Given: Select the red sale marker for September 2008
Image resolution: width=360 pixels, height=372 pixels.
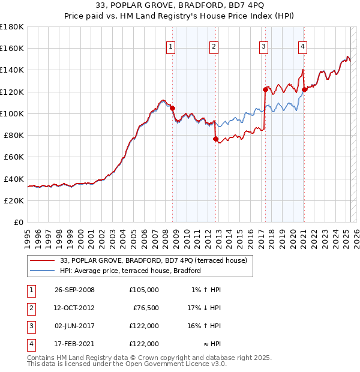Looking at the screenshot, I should click(x=173, y=108).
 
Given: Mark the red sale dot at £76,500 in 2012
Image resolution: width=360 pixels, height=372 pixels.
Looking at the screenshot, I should click(x=215, y=139).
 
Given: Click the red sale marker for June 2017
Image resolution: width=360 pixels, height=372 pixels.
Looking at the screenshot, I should click(x=265, y=89).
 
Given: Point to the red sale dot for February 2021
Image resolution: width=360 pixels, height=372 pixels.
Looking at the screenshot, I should click(x=304, y=89).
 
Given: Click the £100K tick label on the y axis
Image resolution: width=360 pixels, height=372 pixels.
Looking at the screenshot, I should click(x=12, y=113).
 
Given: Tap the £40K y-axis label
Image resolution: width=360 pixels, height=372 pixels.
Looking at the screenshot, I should click(x=14, y=179).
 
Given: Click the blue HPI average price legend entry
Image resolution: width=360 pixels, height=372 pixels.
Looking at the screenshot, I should click(x=130, y=271).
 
